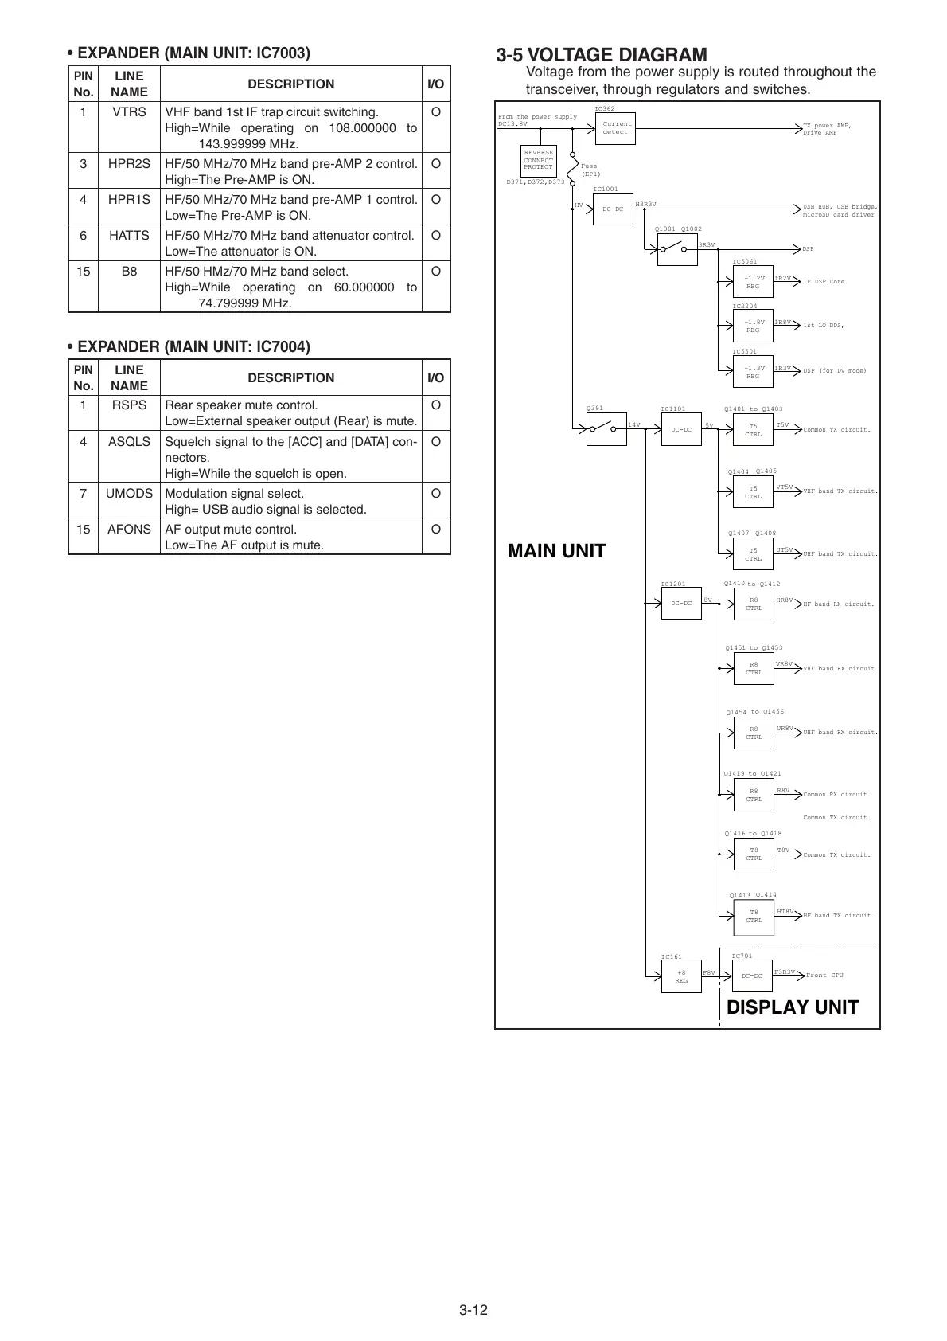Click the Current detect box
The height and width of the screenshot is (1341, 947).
tap(615, 128)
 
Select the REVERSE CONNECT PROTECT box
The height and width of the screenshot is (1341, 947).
tap(538, 161)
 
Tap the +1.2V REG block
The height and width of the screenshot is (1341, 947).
tap(752, 282)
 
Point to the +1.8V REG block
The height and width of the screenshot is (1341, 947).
tap(752, 326)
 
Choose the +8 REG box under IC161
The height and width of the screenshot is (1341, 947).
tap(681, 976)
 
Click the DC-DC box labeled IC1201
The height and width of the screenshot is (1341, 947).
tap(681, 604)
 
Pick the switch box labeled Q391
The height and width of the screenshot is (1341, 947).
tap(606, 430)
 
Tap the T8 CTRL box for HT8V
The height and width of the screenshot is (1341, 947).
tap(753, 917)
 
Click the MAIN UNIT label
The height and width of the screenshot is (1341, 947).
tap(556, 551)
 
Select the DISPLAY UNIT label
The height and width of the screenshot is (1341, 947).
tap(792, 1007)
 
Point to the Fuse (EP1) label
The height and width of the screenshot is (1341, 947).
tap(590, 170)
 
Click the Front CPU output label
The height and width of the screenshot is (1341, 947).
tap(824, 975)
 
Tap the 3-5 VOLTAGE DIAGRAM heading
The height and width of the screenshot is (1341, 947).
tap(601, 55)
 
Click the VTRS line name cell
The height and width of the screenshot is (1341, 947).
tap(129, 112)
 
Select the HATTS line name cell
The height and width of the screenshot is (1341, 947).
tap(129, 236)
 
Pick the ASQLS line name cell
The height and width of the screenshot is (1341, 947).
tap(129, 441)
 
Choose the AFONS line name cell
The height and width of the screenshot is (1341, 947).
tap(129, 529)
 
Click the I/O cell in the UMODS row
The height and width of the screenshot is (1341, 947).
tap(435, 494)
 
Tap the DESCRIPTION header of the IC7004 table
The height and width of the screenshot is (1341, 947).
tap(290, 377)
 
